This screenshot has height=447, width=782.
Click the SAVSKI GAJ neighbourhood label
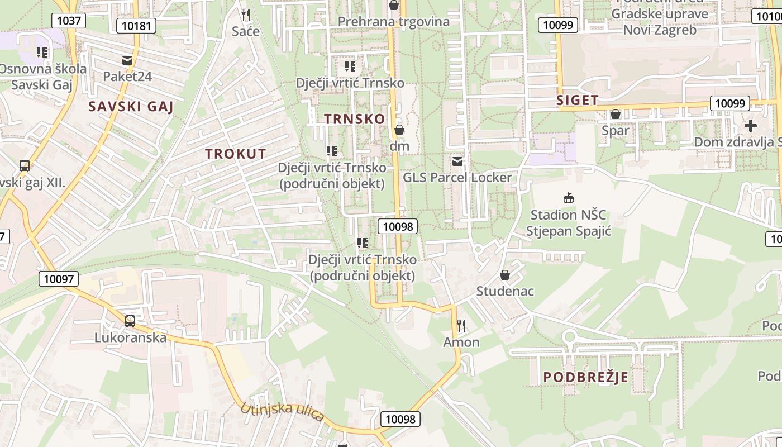pos(131,107)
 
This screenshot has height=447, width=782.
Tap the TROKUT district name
pos(235,154)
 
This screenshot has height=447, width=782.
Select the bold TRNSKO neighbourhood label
pos(355,119)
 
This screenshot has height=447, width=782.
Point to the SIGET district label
pos(578,101)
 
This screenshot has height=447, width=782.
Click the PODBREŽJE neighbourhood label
pos(585,377)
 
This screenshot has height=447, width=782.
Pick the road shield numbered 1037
pos(69,21)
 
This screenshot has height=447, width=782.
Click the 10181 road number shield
pos(136,25)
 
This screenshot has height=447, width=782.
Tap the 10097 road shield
pos(59,279)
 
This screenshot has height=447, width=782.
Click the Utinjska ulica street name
pos(282,412)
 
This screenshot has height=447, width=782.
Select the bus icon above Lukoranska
pos(130,321)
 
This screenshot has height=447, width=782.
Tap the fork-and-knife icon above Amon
pos(461,325)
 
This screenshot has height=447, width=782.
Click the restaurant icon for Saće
pos(245,14)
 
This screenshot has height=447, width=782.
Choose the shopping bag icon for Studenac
pos(505,275)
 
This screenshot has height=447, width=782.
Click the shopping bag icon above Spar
pos(616,114)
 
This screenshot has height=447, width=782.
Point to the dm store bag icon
pos(399,130)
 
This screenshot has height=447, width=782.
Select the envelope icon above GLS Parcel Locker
pos(457,161)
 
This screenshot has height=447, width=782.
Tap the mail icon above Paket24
pos(127,60)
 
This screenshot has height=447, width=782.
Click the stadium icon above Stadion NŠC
pos(569,198)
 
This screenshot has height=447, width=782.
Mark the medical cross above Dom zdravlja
pos(751,125)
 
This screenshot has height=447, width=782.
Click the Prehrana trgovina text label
pos(394,22)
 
